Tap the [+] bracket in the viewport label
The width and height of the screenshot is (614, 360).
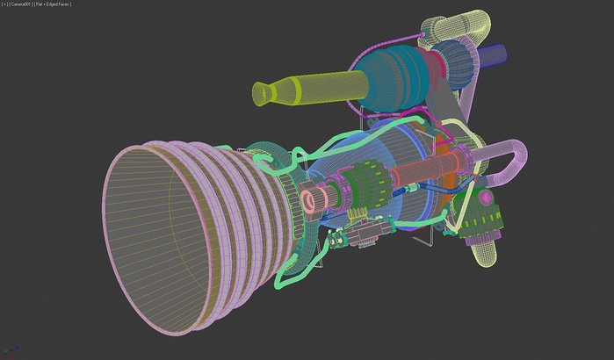(x=6, y=4)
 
